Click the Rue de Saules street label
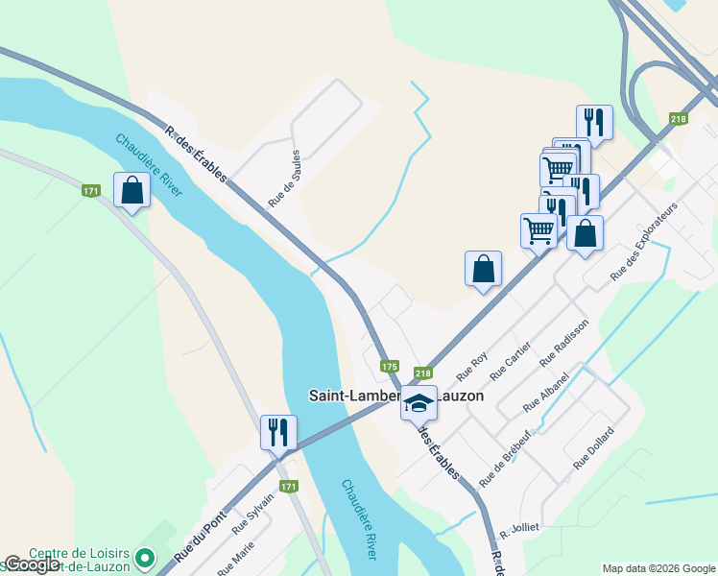pyautogui.click(x=286, y=179)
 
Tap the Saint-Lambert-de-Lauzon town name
pyautogui.click(x=395, y=396)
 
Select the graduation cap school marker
pyautogui.click(x=419, y=403)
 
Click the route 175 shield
pyautogui.click(x=389, y=367)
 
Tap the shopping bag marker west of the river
pyautogui.click(x=132, y=191)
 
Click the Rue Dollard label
pyautogui.click(x=593, y=449)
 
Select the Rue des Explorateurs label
pyautogui.click(x=643, y=243)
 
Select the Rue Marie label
pyautogui.click(x=236, y=561)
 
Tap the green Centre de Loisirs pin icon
pyautogui.click(x=145, y=557)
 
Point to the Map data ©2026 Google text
pyautogui.click(x=658, y=568)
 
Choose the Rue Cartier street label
pyautogui.click(x=511, y=361)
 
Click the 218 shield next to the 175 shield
pyautogui.click(x=423, y=373)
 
